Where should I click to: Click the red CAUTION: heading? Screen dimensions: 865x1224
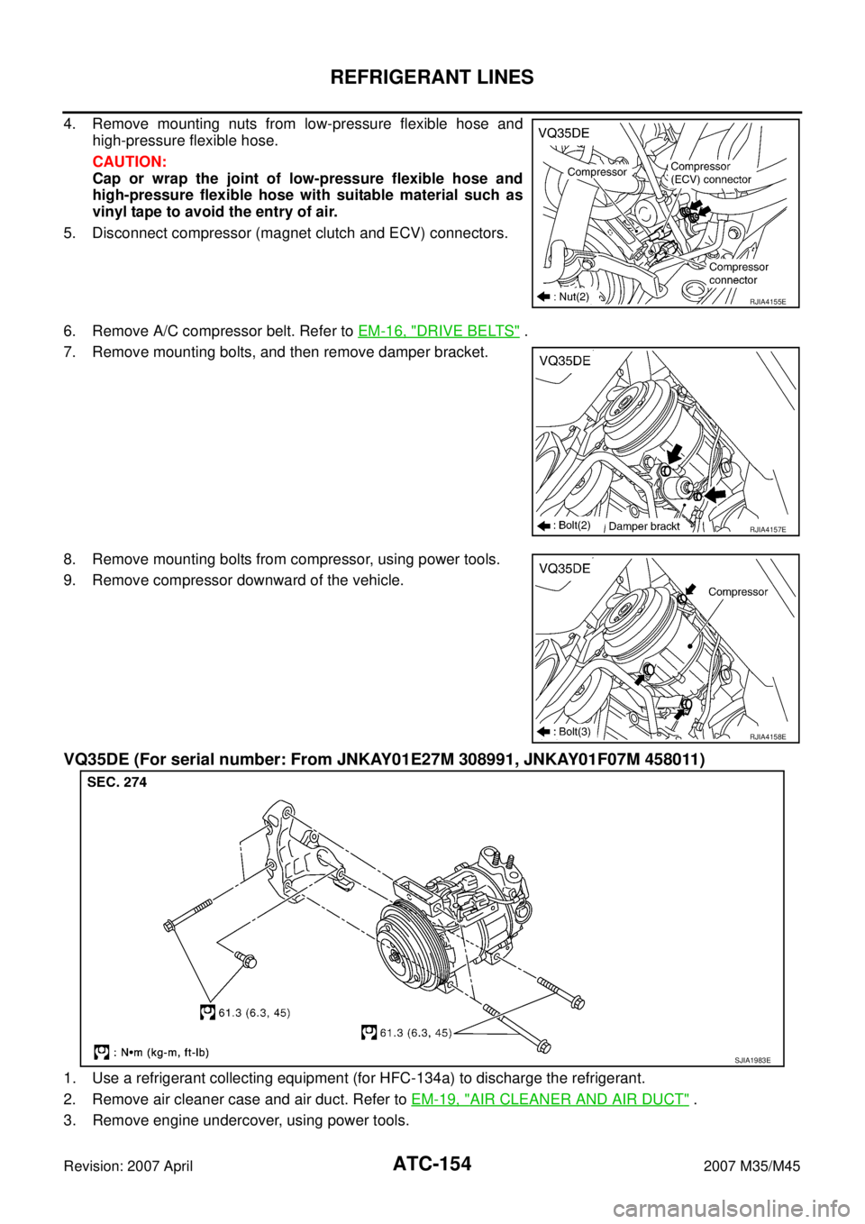(x=130, y=162)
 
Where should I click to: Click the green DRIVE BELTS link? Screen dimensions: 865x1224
(x=439, y=331)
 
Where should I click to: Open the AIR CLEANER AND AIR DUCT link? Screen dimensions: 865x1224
(x=550, y=1099)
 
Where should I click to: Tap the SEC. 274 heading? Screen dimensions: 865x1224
(x=117, y=782)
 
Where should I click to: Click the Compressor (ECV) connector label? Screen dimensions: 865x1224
(x=710, y=173)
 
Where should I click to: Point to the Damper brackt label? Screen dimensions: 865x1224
(x=644, y=526)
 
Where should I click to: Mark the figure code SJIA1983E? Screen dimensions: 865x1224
(x=751, y=1060)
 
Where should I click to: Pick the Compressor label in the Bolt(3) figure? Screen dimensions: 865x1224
(x=738, y=592)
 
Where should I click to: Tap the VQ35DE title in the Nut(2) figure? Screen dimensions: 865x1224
(x=564, y=133)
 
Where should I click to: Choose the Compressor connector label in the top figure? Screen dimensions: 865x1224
(x=738, y=273)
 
